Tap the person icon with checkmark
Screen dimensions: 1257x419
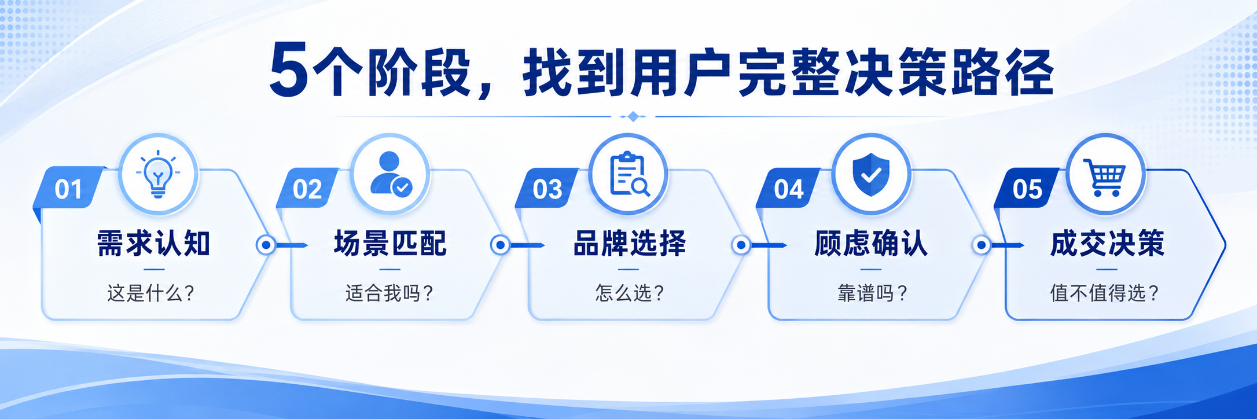pos(391,174)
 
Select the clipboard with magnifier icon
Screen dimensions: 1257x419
pos(630,174)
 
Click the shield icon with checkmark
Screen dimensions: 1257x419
pos(871,174)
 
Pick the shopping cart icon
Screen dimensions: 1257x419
pos(1105,177)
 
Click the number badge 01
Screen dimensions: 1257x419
pos(68,189)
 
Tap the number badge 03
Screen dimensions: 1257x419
pos(547,189)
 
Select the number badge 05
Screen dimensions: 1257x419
pos(1027,189)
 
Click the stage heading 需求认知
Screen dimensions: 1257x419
pos(153,243)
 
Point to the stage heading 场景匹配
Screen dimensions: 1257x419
pos(390,243)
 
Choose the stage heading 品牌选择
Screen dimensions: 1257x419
pos(629,243)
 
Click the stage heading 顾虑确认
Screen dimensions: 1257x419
pos(871,243)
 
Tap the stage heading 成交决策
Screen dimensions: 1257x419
pos(1107,243)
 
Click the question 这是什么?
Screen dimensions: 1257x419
pos(150,293)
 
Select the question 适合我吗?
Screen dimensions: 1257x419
pos(389,293)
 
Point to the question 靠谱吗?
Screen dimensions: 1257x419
pos(872,293)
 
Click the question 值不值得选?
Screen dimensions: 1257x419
pos(1105,293)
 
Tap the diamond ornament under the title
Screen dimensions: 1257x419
pos(633,116)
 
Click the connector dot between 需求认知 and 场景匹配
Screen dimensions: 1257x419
pos(266,245)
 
